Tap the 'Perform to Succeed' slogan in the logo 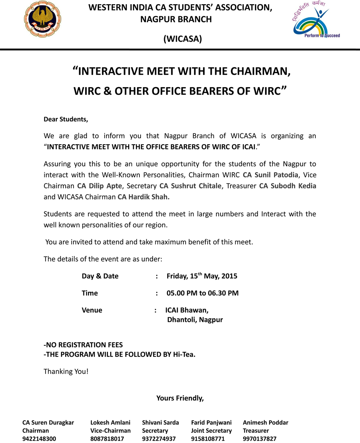322,36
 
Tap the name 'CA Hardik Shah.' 144,197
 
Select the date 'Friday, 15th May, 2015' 202,276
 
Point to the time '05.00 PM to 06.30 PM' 202,293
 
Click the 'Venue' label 92,310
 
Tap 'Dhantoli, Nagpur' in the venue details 195,320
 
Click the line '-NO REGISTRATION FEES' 83,345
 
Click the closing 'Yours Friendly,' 180,398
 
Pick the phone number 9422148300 39,439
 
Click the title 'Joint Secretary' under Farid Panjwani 211,431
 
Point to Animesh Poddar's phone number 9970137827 260,439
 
